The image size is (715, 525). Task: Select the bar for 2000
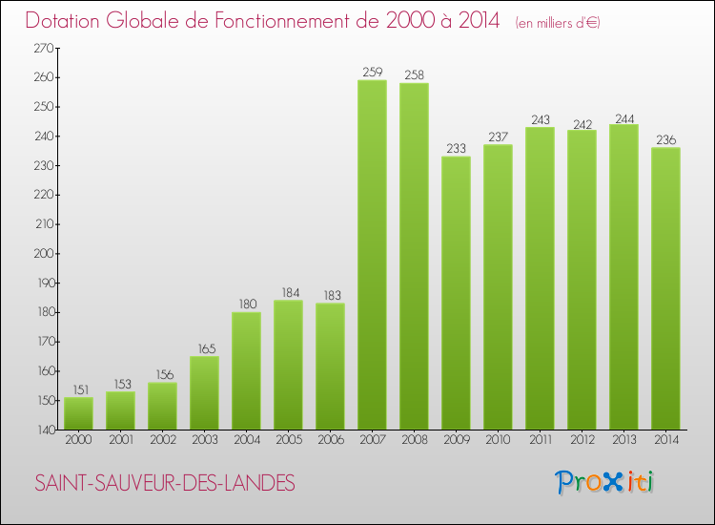(78, 413)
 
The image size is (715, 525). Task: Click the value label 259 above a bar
(372, 72)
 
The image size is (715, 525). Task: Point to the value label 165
(204, 348)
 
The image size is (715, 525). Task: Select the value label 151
(78, 389)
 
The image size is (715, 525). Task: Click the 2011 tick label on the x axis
(540, 440)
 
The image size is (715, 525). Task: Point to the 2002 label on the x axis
(162, 440)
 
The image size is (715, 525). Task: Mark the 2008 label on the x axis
(414, 440)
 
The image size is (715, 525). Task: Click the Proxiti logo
(604, 482)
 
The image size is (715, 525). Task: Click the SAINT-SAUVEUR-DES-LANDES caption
(164, 484)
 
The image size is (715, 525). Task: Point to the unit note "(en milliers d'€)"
(558, 23)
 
